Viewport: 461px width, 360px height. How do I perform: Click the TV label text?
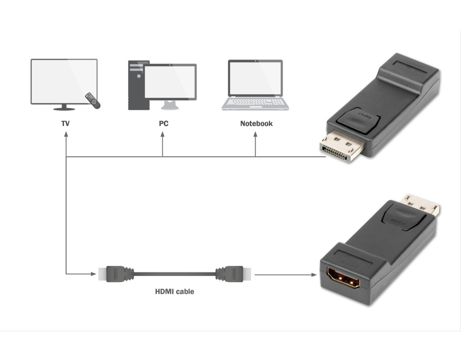[x=66, y=123]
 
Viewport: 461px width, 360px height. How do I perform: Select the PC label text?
[x=163, y=123]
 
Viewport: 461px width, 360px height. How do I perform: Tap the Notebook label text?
[x=256, y=123]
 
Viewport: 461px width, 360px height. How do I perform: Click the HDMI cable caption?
[x=175, y=292]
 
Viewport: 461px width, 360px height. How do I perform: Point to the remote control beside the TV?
[x=92, y=100]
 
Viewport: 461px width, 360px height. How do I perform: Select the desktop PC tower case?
[x=136, y=85]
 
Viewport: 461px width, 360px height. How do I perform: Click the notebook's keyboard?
[x=255, y=102]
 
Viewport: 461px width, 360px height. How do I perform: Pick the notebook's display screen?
[x=255, y=78]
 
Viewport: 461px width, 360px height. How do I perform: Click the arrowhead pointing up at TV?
[x=66, y=135]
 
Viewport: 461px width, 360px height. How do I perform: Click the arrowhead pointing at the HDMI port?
[x=314, y=274]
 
